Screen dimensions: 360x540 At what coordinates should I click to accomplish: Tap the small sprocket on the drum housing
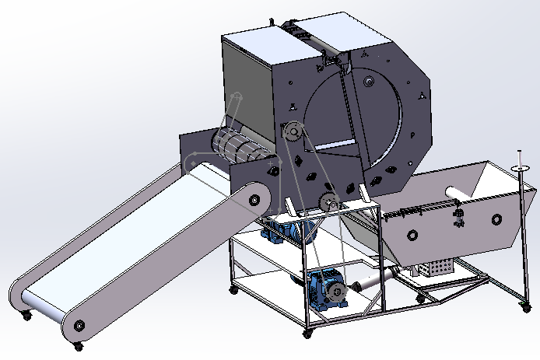tap(292, 133)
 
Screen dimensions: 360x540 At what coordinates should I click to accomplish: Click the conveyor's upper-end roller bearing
tap(254, 200)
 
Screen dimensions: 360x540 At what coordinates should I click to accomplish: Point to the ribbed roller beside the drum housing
tap(237, 147)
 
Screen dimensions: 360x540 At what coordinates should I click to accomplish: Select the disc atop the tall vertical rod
tap(519, 167)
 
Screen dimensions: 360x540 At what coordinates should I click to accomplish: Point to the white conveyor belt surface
tap(140, 233)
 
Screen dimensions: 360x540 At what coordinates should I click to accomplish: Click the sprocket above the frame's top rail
tap(328, 204)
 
